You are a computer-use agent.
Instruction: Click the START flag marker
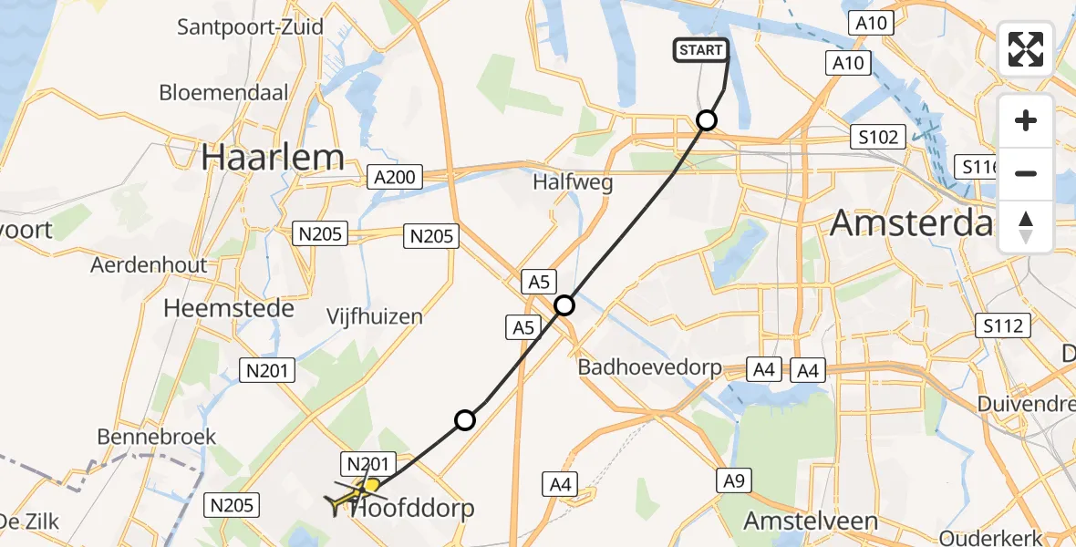pyautogui.click(x=700, y=50)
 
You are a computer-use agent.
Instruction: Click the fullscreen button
pyautogui.click(x=1026, y=49)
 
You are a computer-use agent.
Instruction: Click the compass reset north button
pyautogui.click(x=1026, y=226)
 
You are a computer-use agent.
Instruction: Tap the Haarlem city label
pyautogui.click(x=273, y=158)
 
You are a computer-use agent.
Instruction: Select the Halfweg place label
pyautogui.click(x=573, y=182)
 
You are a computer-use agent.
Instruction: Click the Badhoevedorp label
pyautogui.click(x=650, y=368)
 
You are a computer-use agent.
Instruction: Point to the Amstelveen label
pyautogui.click(x=812, y=521)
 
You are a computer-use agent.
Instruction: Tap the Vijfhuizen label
pyautogui.click(x=375, y=317)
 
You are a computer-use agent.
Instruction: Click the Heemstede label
pyautogui.click(x=229, y=308)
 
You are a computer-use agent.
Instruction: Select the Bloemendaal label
pyautogui.click(x=223, y=92)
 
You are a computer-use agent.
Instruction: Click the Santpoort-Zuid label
pyautogui.click(x=250, y=26)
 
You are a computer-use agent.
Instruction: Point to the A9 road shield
pyautogui.click(x=729, y=480)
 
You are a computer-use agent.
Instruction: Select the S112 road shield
pyautogui.click(x=1002, y=325)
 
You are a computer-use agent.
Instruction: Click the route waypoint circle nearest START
pyautogui.click(x=707, y=119)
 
